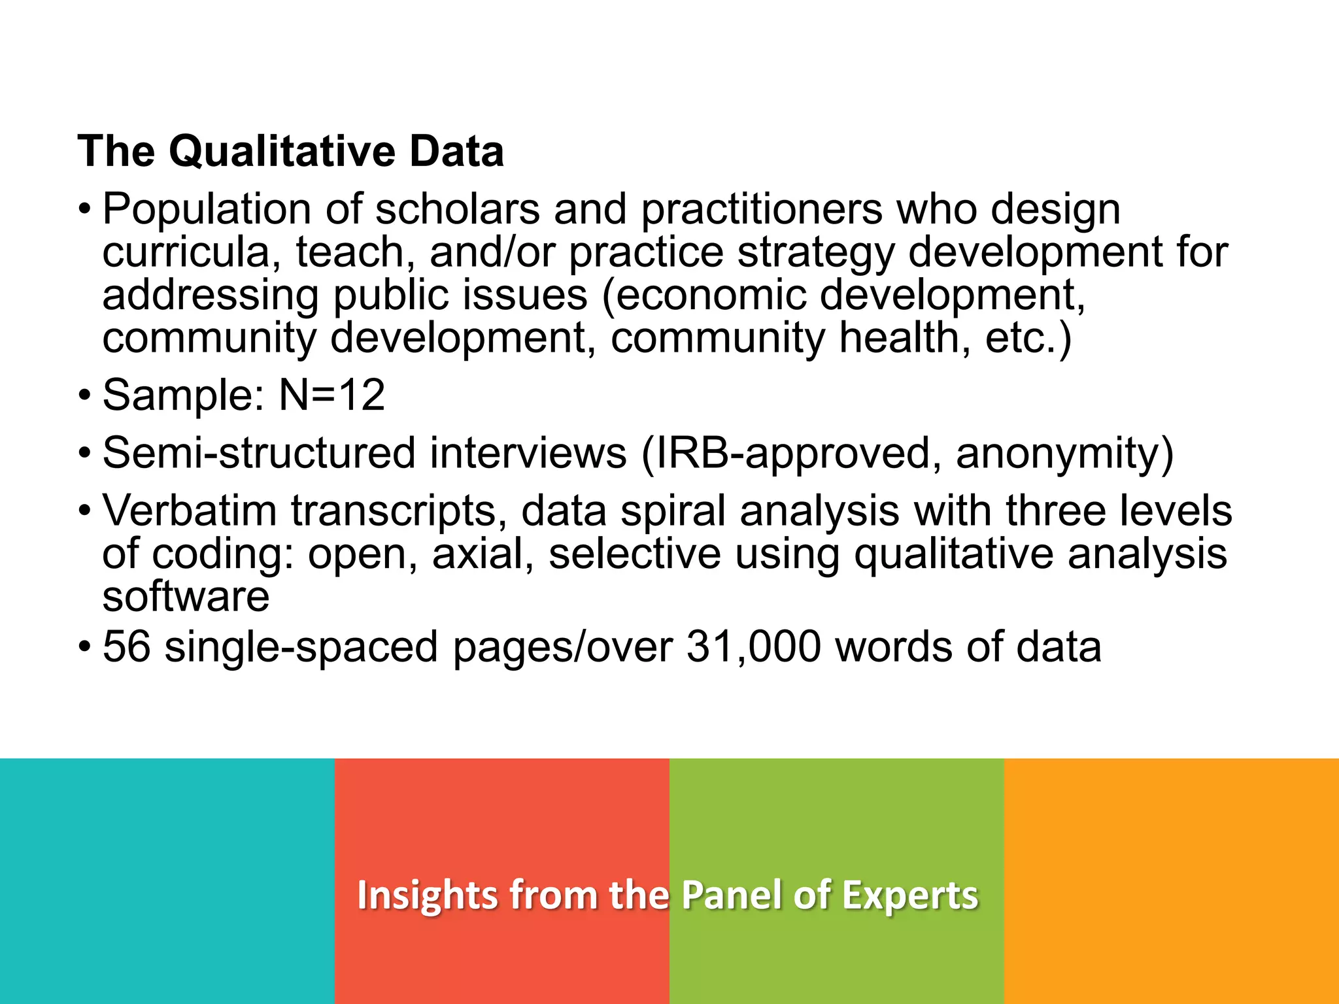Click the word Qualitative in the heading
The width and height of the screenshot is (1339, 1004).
click(282, 152)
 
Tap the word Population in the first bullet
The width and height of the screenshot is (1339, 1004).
click(207, 210)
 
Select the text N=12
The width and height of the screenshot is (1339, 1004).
click(331, 395)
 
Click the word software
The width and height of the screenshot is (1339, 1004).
click(186, 596)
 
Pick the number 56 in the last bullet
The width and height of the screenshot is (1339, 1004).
click(127, 647)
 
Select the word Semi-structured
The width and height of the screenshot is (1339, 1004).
click(259, 453)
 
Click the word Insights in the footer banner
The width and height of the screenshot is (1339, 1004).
click(428, 895)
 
